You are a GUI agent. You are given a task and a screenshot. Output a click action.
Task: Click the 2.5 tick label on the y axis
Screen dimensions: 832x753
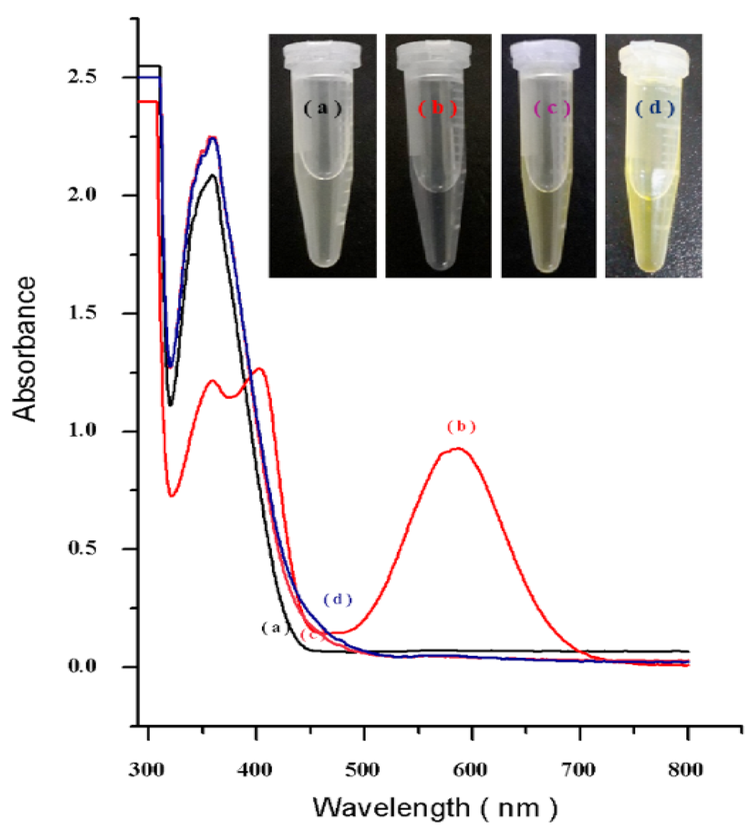point(81,77)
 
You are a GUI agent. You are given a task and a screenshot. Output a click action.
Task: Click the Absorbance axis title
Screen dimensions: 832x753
point(24,349)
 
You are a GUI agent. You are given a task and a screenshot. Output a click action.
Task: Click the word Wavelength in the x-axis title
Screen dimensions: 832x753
point(391,808)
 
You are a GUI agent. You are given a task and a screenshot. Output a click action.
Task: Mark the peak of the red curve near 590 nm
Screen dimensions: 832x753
point(458,449)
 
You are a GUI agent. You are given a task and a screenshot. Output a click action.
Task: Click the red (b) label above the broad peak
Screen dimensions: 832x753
point(461,427)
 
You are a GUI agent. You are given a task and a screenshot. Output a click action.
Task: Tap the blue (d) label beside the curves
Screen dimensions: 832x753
point(337,599)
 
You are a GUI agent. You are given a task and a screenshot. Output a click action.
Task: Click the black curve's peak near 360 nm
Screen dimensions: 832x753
point(212,175)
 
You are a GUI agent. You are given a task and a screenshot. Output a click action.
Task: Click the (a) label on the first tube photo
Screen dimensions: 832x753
point(323,108)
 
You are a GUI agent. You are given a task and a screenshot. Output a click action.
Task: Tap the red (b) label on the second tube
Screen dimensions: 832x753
point(437,108)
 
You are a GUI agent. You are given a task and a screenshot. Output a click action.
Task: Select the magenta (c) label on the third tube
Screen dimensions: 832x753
point(552,108)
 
